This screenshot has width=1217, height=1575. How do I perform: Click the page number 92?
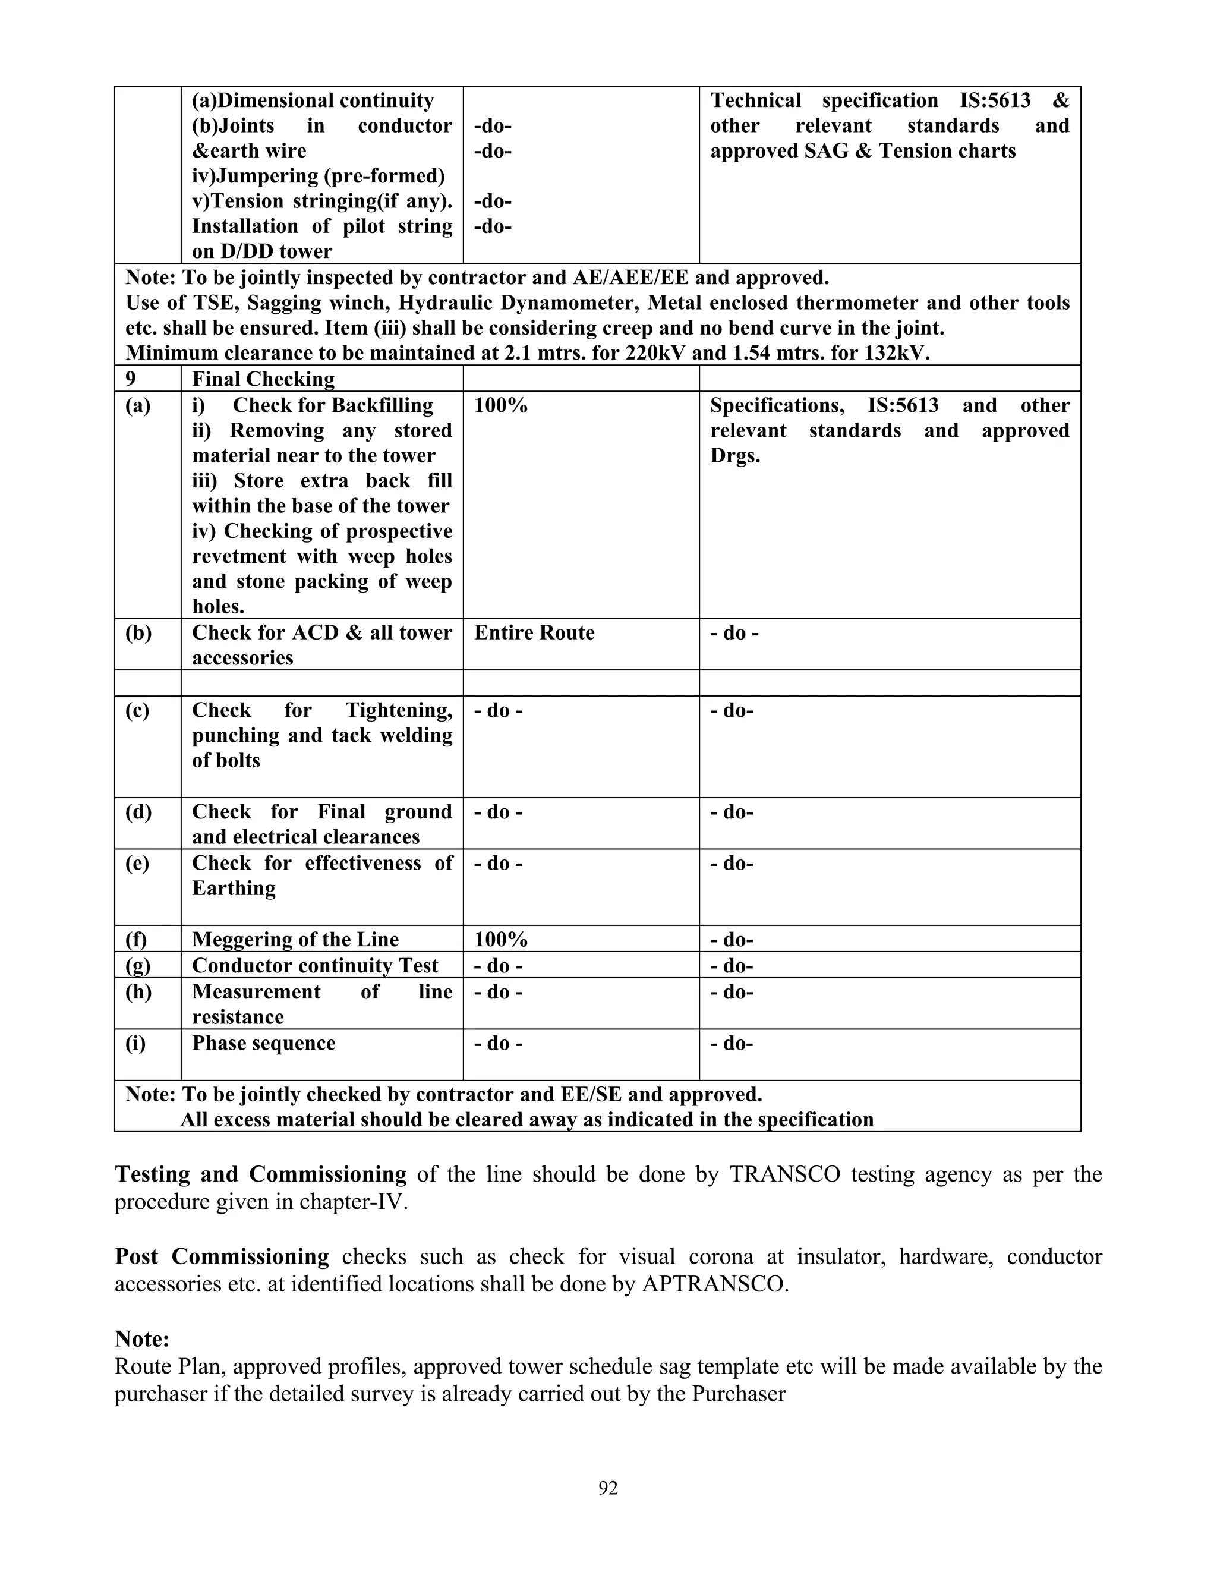pos(608,1488)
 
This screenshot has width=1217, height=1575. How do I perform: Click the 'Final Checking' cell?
pos(263,379)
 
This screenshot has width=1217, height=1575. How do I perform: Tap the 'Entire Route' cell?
pos(534,632)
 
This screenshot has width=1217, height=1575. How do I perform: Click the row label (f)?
pos(135,939)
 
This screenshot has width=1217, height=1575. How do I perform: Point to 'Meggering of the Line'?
pos(295,939)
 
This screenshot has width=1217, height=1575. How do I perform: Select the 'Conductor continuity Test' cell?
pos(315,965)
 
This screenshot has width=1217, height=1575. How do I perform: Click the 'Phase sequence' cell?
pos(263,1043)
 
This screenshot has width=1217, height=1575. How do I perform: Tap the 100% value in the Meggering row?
pos(501,939)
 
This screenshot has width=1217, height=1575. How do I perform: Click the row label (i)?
pos(135,1043)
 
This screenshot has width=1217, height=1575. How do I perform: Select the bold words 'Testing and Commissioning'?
pos(260,1174)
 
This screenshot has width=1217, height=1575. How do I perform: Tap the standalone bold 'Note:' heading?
pos(142,1338)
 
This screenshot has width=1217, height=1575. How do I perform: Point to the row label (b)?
pos(138,632)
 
